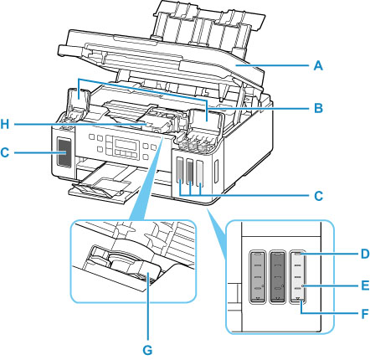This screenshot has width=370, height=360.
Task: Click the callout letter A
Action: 318,66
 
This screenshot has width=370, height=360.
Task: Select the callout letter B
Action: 318,108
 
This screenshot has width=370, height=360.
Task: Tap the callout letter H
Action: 5,125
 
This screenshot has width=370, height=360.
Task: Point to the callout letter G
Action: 147,350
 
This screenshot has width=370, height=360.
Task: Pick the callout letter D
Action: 364,254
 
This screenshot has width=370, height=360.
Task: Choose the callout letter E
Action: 364,285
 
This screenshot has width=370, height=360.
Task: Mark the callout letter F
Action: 364,314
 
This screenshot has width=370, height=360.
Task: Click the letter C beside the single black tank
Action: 5,152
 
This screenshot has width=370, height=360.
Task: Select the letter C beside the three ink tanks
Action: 318,196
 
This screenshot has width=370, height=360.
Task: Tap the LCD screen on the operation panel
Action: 127,145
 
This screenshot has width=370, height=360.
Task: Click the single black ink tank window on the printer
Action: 64,152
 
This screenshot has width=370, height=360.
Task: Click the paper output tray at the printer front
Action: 102,185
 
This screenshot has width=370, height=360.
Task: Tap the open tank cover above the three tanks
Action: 206,120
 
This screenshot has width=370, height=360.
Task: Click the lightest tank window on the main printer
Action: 199,172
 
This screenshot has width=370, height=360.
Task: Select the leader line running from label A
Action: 273,66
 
